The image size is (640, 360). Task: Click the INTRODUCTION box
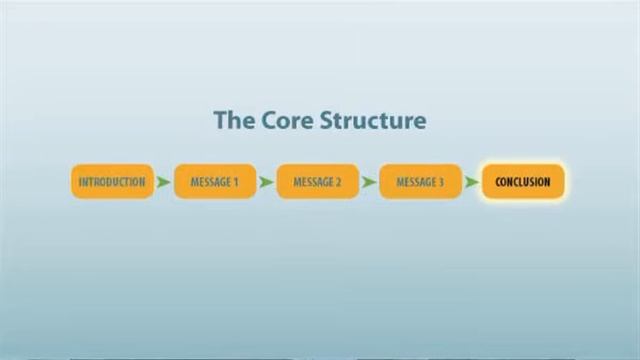coord(112,182)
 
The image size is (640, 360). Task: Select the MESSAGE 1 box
coord(215,182)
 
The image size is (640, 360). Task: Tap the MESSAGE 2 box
coord(317,182)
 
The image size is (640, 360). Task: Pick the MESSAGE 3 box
coord(420,182)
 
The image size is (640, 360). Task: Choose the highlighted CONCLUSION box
coord(523,182)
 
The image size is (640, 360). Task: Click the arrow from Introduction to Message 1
coord(164,182)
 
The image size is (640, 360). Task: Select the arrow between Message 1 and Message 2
coord(266,182)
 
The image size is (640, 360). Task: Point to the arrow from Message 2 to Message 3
coord(369,182)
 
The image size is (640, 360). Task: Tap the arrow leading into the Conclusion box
coord(472,182)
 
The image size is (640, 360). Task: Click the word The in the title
coord(232,121)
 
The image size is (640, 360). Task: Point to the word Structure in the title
coord(373,121)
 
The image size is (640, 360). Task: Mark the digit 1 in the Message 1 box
coord(235,182)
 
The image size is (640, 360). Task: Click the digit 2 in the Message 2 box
coord(338,182)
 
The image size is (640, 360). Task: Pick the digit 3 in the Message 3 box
coord(441,182)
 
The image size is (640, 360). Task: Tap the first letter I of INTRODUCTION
coord(80,182)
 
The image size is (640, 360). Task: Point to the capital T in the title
coord(220,121)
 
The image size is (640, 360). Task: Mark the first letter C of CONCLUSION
coord(498,182)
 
